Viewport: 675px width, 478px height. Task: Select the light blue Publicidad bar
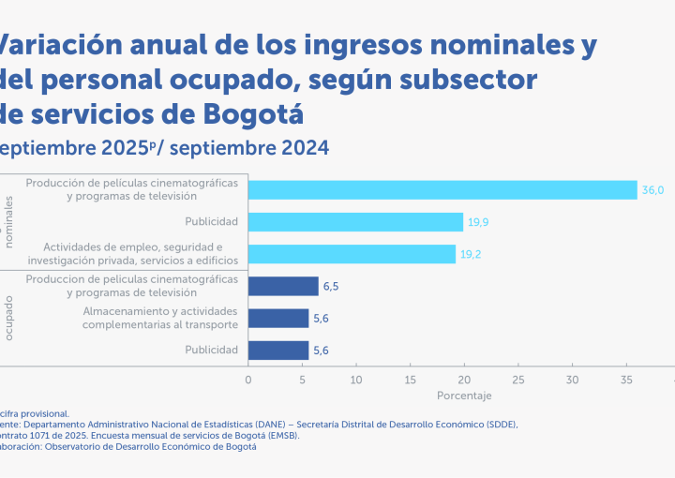point(355,222)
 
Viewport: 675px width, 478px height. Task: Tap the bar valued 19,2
point(352,254)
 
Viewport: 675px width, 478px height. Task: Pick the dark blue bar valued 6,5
point(283,287)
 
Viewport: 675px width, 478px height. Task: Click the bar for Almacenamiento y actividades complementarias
point(278,319)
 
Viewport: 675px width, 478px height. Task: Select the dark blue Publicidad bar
point(278,351)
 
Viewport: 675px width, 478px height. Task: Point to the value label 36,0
point(652,190)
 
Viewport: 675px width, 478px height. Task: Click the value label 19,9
point(478,222)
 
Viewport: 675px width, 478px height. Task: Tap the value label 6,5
point(333,287)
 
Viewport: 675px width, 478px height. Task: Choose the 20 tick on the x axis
point(464,380)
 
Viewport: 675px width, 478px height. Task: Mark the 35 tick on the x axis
point(626,380)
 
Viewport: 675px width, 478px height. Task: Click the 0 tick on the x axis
point(248,380)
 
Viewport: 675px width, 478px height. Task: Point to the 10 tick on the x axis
point(356,380)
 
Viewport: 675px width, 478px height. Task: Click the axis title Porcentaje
point(464,396)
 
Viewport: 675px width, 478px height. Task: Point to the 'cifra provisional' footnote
point(36,412)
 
